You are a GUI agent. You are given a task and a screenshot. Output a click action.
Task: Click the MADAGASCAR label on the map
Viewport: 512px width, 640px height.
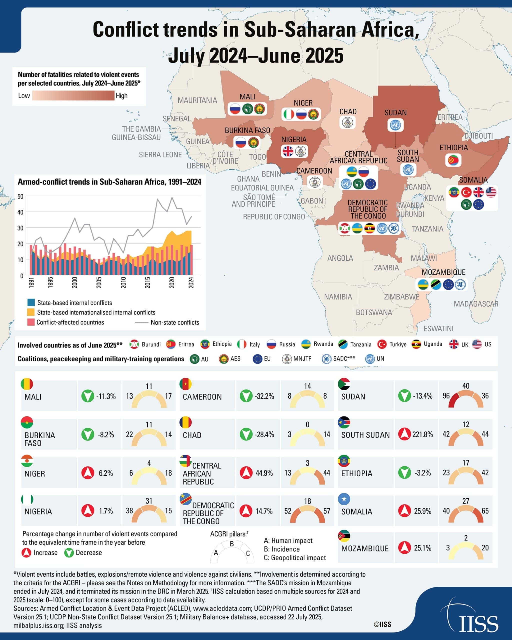476,304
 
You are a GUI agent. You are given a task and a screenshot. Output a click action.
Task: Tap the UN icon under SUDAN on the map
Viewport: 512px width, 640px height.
395,125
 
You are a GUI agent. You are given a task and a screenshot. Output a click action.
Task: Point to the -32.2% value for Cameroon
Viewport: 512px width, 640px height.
264,396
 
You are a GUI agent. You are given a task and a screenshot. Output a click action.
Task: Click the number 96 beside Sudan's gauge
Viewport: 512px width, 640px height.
446,396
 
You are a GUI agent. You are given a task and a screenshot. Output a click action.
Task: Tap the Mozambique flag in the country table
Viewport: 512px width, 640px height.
344,536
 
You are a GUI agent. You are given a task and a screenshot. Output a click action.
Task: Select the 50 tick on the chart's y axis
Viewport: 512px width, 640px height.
20,196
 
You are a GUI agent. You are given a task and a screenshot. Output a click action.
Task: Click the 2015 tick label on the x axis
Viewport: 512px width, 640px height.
147,282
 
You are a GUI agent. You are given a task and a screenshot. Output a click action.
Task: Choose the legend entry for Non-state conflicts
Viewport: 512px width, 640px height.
174,322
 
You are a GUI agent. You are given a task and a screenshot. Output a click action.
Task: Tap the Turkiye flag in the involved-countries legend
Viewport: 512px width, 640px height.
382,344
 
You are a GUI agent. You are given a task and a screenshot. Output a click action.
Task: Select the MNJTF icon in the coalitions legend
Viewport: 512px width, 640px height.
287,359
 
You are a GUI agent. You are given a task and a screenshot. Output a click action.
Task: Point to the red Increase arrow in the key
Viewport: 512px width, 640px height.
26,553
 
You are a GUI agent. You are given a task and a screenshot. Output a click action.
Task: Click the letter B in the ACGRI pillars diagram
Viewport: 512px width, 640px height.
232,544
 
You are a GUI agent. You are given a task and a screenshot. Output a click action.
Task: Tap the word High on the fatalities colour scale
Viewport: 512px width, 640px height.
122,95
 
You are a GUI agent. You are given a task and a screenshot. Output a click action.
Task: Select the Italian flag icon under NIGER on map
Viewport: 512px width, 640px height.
288,114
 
